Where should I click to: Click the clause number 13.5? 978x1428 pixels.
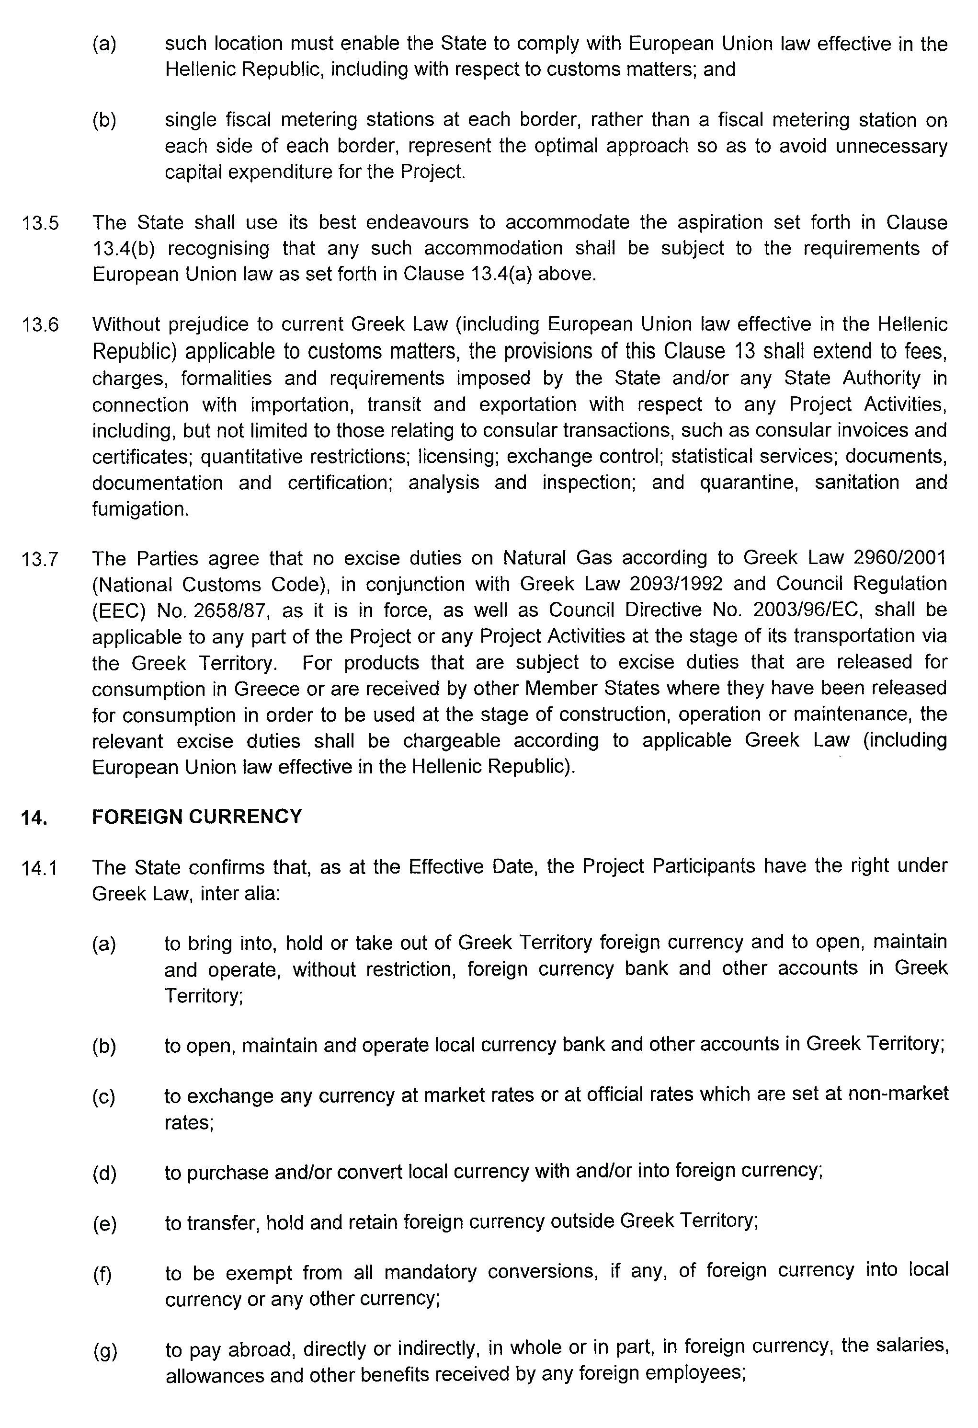41,223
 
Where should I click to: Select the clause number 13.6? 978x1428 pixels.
41,324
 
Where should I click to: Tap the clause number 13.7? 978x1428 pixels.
41,559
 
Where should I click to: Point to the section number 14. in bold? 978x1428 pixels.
34,818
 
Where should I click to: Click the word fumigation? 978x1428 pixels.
141,509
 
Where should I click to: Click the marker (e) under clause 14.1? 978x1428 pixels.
104,1224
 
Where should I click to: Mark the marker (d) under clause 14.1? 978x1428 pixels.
104,1174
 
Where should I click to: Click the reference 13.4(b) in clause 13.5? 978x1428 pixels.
124,248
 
